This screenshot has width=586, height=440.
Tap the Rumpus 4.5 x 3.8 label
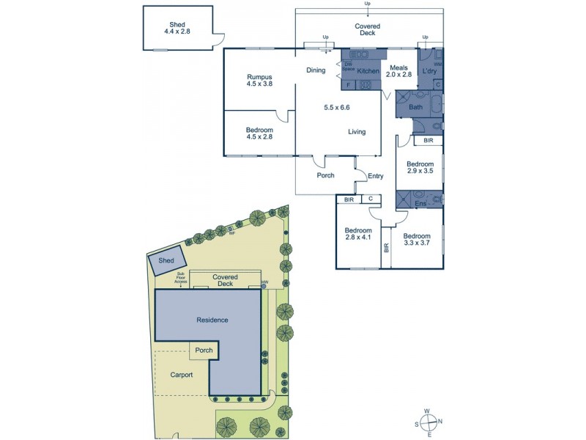(x=259, y=81)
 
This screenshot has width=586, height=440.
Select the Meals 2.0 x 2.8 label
(x=400, y=71)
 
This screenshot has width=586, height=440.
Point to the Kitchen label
(x=368, y=71)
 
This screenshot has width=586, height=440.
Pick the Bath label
(x=415, y=108)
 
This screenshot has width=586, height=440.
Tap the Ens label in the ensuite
(x=420, y=203)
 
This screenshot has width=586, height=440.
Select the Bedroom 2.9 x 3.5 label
(x=420, y=167)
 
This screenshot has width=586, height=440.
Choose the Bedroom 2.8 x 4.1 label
(x=359, y=233)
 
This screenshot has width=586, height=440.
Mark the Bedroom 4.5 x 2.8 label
(x=259, y=133)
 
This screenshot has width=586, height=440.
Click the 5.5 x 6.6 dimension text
(x=337, y=108)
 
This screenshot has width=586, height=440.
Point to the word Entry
(x=375, y=176)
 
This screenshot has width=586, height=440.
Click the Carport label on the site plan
(x=182, y=375)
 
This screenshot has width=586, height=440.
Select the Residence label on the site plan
(x=212, y=320)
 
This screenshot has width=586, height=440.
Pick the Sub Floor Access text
(x=180, y=278)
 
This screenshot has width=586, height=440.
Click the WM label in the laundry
(x=438, y=65)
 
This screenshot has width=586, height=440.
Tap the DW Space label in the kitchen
(x=348, y=67)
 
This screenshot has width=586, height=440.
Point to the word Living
(x=356, y=132)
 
